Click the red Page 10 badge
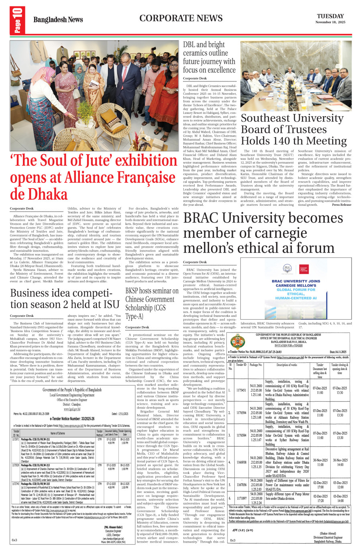pos(17,20)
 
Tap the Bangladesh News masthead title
pos(58,20)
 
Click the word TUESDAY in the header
pos(330,16)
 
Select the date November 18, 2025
pos(330,22)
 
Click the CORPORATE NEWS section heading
pos(181,18)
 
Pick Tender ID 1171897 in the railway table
pos(241,498)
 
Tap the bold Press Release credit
pos(342,205)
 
